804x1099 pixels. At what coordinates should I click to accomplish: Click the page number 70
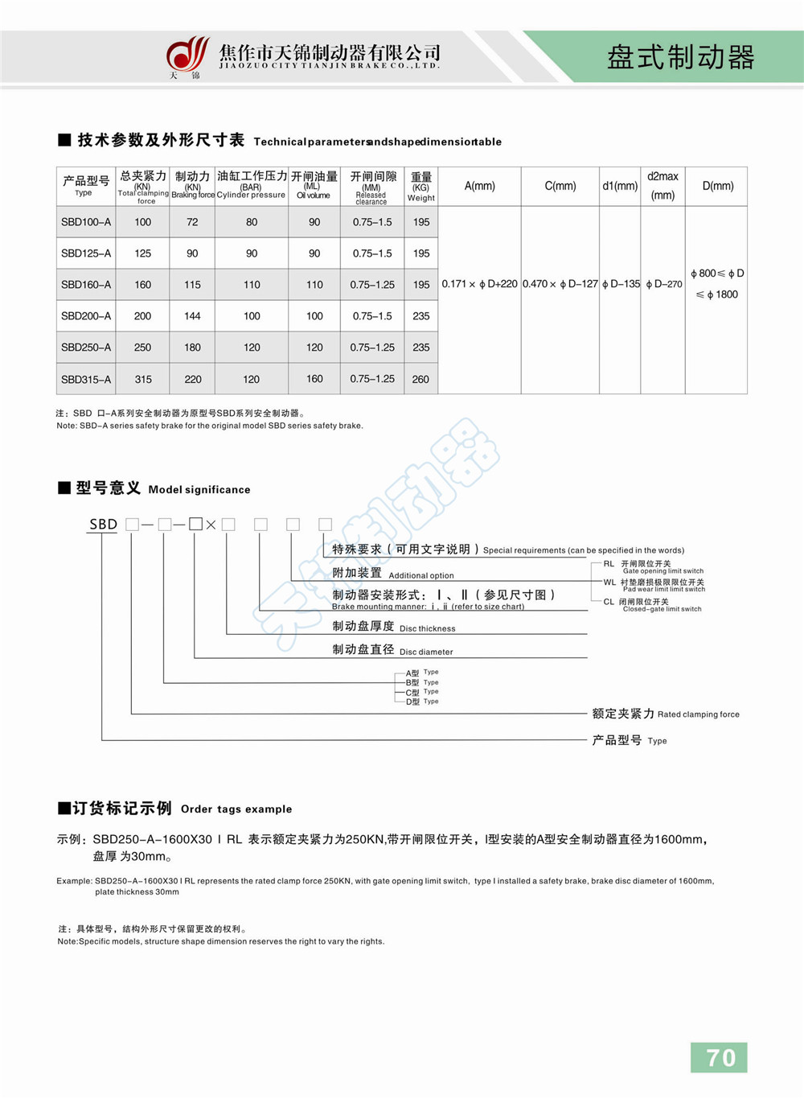coord(720,1057)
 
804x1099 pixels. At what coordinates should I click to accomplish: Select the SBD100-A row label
coord(86,222)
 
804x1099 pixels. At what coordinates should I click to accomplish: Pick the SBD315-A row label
coord(86,379)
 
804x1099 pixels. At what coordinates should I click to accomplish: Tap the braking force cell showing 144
coord(192,316)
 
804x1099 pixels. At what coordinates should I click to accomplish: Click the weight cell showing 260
coord(420,379)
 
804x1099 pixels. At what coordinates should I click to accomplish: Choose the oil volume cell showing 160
coord(314,379)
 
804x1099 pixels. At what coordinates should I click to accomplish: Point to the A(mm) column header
coord(480,186)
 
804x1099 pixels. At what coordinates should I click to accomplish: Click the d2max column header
coord(662,185)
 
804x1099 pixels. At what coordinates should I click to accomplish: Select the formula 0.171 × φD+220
coord(479,284)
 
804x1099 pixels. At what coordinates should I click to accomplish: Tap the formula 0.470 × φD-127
coord(560,284)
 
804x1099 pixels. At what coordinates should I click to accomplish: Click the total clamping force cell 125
coord(143,253)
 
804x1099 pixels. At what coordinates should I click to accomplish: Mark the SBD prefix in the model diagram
coord(103,525)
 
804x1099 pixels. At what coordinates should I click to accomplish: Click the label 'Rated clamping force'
coord(698,714)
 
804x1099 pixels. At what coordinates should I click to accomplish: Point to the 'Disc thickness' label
coord(427,629)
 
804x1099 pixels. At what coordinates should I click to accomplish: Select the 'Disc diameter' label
coord(426,652)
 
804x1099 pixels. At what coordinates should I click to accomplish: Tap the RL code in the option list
coord(609,564)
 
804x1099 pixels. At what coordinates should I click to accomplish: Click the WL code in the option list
coord(609,582)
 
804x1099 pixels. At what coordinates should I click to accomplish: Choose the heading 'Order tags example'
coord(236,809)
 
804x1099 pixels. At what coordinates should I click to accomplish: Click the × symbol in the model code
coord(211,525)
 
